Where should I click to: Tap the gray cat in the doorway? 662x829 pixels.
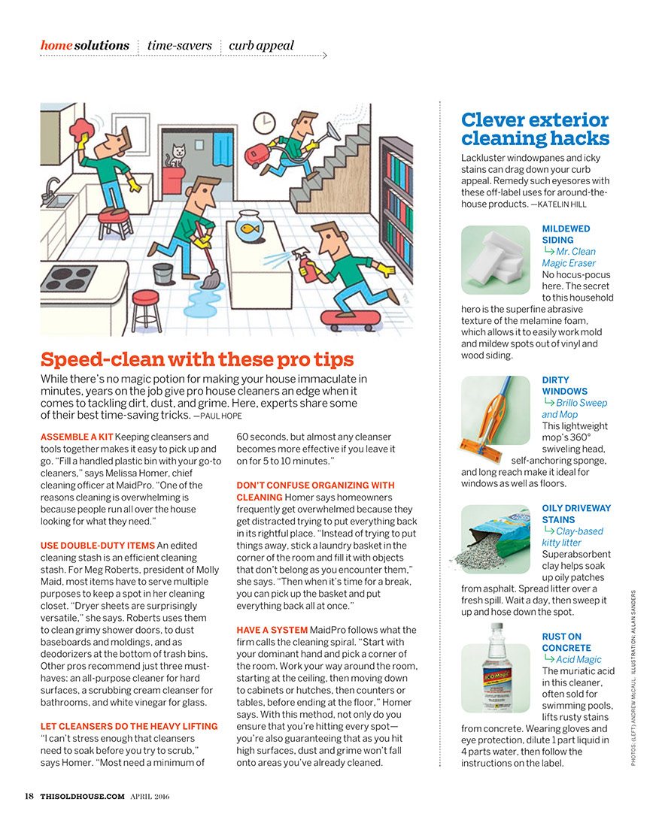[x=178, y=156]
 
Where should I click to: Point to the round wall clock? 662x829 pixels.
[x=263, y=123]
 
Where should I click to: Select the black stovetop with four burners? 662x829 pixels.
[x=68, y=277]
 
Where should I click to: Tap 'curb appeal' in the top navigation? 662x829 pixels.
[x=261, y=45]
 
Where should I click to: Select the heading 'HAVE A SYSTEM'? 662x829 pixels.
[x=272, y=630]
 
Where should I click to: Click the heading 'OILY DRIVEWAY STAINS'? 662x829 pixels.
[x=576, y=513]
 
